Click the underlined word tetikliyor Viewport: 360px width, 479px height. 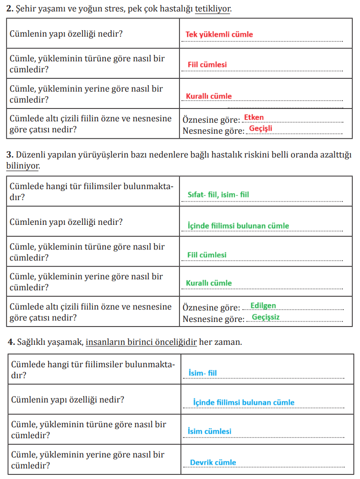pos(213,9)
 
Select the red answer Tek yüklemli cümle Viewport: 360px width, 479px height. pos(219,34)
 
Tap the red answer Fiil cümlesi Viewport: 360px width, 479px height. pos(207,65)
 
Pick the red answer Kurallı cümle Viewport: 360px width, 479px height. pos(209,96)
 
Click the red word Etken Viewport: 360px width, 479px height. pos(254,118)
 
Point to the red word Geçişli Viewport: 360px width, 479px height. pos(261,128)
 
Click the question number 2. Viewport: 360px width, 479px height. pos(9,9)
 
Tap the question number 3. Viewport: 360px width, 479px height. pos(9,155)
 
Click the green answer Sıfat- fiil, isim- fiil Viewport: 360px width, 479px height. pos(218,195)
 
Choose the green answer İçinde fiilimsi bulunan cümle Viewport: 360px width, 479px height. pos(238,225)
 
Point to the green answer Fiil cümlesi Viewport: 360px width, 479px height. pos(207,255)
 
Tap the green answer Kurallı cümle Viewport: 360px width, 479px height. pos(209,283)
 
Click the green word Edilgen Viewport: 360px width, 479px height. pos(263,305)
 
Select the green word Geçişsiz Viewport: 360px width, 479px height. pos(266,317)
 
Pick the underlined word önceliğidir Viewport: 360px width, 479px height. pos(176,342)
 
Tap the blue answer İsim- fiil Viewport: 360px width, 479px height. pos(202,373)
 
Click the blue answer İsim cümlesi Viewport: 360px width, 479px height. pos(210,431)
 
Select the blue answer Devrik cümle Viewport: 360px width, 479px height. pos(213,463)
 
